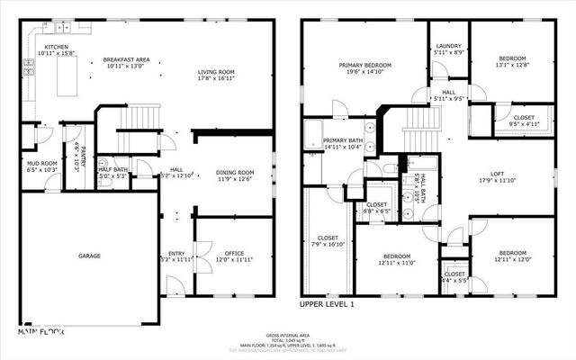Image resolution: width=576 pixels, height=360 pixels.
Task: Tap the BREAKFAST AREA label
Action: tap(125, 58)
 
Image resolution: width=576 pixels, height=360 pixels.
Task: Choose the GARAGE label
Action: tap(88, 256)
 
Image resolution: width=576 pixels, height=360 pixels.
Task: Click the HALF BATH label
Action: tap(112, 169)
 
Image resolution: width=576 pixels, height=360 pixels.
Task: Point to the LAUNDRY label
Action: tap(448, 46)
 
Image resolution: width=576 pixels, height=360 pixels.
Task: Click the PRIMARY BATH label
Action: tap(342, 140)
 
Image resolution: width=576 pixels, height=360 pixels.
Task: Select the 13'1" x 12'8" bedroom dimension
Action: tap(513, 64)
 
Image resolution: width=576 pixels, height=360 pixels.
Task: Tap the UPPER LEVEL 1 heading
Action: tap(328, 305)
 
